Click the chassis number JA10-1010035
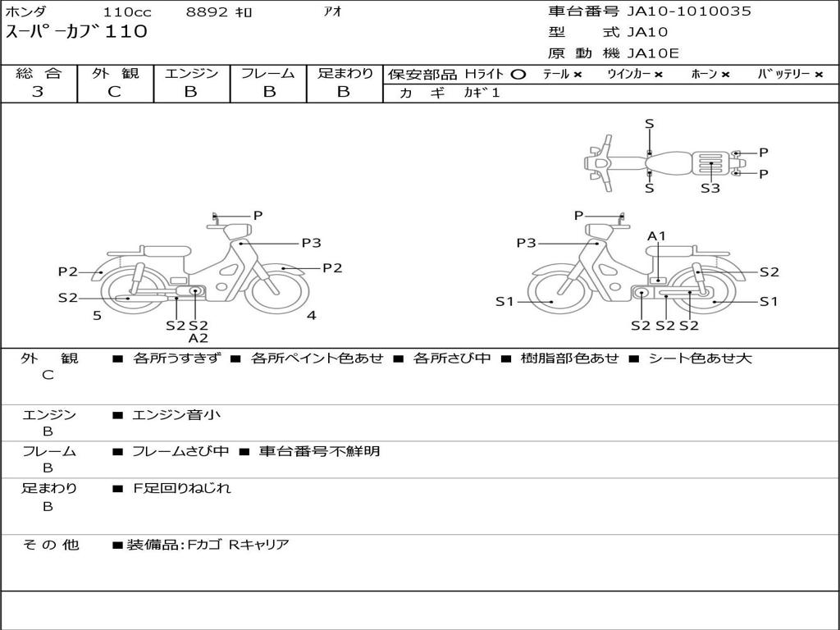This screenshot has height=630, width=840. tap(689, 11)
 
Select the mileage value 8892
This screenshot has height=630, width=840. tap(207, 11)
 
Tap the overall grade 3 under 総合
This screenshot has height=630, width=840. tap(38, 92)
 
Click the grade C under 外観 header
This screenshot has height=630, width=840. tap(115, 92)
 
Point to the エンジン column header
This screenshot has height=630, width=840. tap(191, 73)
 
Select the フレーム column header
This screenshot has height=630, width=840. tap(268, 73)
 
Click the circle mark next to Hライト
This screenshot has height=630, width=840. tap(518, 75)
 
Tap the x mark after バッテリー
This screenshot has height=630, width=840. tap(819, 75)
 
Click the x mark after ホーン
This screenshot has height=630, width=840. tap(725, 75)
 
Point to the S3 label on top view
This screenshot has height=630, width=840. tap(710, 188)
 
